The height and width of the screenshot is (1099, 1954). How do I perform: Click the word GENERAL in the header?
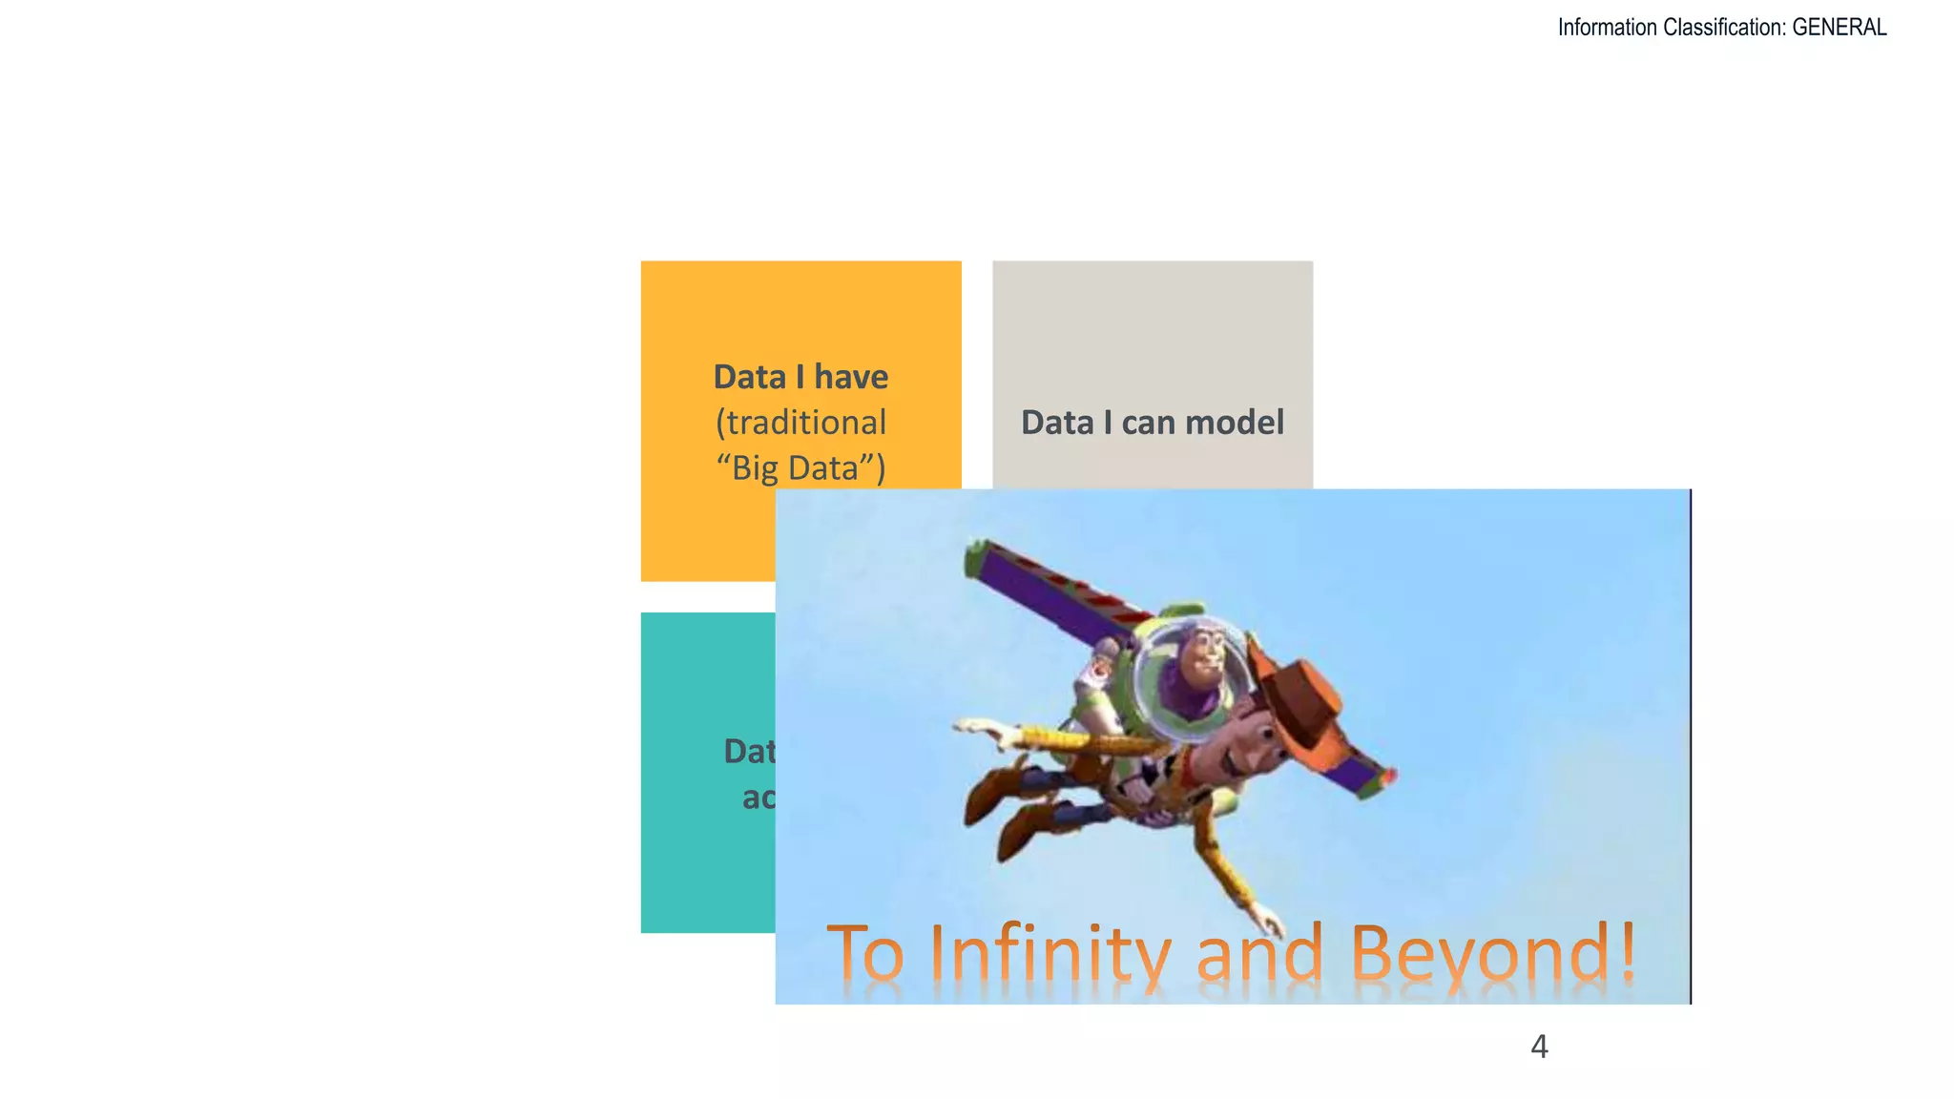coord(1839,28)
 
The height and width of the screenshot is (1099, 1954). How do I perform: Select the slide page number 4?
coord(1539,1047)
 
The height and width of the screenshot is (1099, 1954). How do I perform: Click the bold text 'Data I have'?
coord(800,377)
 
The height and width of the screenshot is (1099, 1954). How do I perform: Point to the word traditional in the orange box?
coord(800,423)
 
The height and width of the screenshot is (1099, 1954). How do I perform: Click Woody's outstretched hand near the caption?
coord(1269,920)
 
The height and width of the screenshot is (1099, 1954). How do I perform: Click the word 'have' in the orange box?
coord(851,377)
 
